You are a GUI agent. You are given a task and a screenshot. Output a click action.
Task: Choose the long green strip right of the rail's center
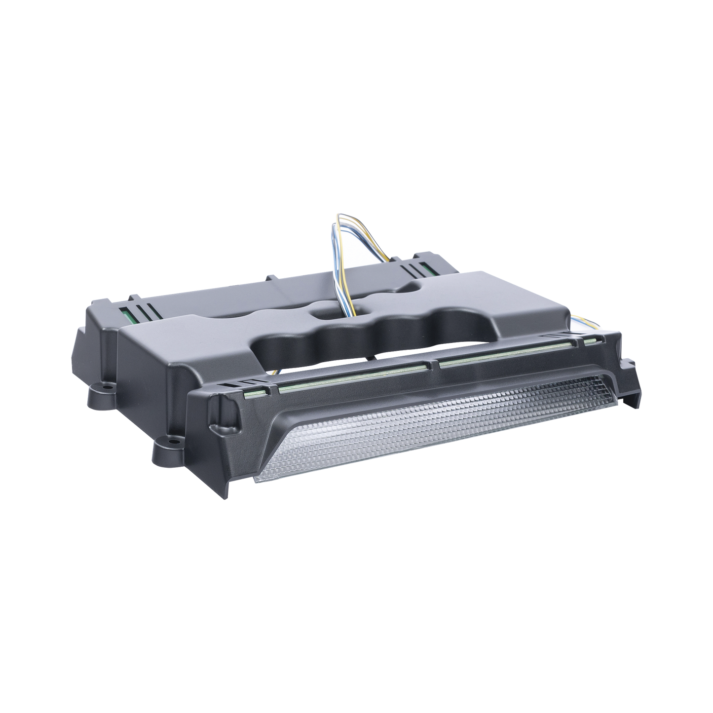[503, 352]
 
